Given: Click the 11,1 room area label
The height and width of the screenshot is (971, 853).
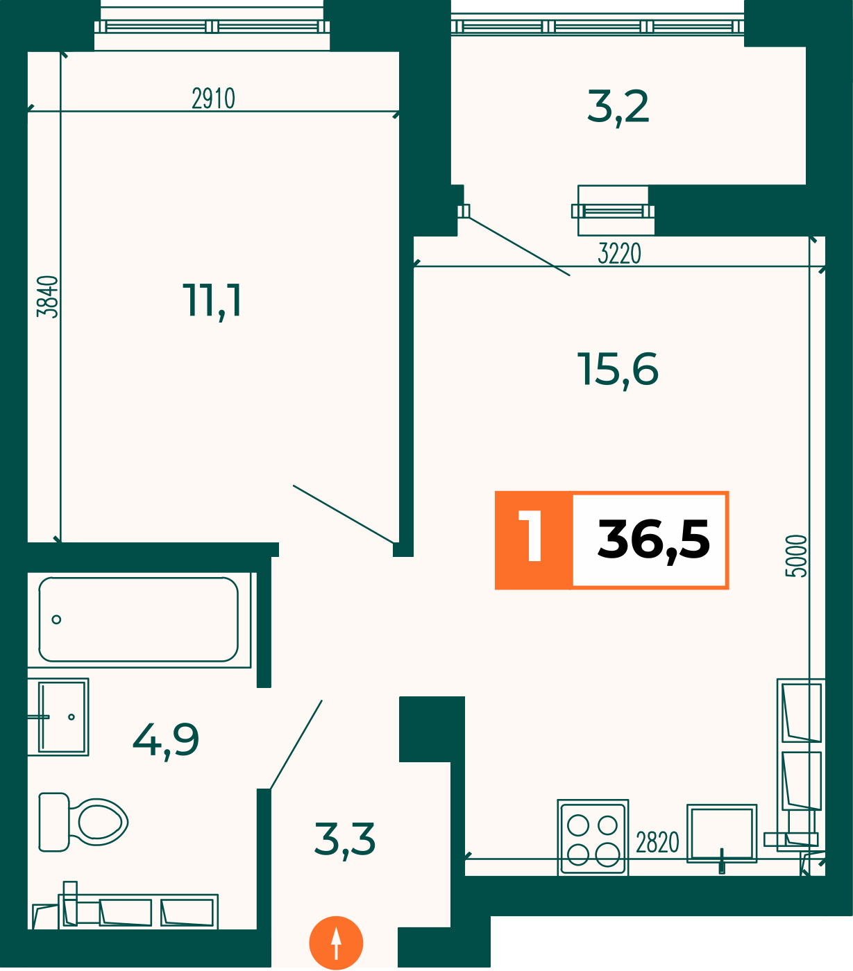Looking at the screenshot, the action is click(x=212, y=301).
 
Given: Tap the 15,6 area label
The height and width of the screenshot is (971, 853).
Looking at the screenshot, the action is click(x=618, y=370).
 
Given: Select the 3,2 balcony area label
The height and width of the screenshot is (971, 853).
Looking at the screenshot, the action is click(x=618, y=107).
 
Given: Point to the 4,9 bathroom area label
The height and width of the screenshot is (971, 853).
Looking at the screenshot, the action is click(x=165, y=741).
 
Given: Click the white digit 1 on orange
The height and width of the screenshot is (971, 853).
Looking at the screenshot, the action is click(x=530, y=535).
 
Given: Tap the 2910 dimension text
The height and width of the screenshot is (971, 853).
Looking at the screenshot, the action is click(x=214, y=98).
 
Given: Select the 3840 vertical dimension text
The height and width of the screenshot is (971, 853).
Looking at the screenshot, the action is click(x=47, y=297).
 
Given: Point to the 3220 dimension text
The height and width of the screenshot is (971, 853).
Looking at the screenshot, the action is click(x=619, y=254).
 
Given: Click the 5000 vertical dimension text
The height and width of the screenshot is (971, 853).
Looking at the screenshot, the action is click(x=796, y=556).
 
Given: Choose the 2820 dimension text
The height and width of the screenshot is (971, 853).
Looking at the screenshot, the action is click(x=657, y=843).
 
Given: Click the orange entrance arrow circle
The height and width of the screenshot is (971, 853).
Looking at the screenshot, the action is click(x=336, y=943).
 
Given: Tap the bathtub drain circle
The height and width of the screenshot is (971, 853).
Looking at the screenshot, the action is click(x=56, y=619).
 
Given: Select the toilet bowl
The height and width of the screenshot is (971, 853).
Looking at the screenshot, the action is click(x=83, y=822).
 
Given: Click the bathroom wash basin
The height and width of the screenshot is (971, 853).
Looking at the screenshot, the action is click(x=58, y=716).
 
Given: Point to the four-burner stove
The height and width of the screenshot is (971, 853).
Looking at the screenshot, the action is click(x=593, y=837).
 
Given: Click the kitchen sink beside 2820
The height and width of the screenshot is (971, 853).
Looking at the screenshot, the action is click(x=722, y=834).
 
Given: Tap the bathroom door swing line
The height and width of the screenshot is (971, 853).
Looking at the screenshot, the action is click(x=296, y=744).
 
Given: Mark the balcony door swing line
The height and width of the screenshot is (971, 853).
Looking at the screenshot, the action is click(x=519, y=246).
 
